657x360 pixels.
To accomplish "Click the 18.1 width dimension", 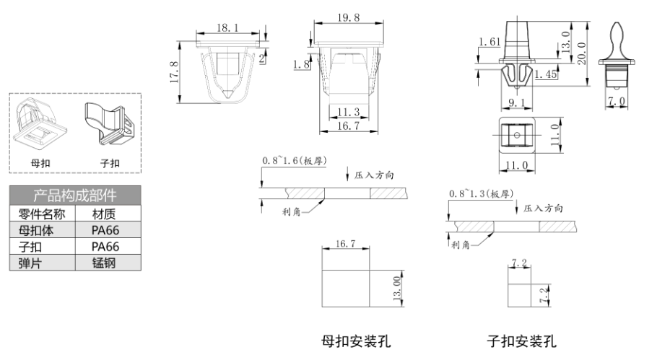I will coord(228,28).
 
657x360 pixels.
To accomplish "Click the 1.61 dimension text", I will coord(489,43).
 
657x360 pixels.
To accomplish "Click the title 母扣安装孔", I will coord(356,341).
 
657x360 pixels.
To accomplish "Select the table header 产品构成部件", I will coord(75,196).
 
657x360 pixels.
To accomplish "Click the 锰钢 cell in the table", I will coord(107,263).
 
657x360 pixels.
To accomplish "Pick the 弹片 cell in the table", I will coord(43,263).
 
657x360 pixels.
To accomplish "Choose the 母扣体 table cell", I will coord(43,230).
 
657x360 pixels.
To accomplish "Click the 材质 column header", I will coord(107,214).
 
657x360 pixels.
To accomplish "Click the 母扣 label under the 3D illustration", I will coord(40,162).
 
